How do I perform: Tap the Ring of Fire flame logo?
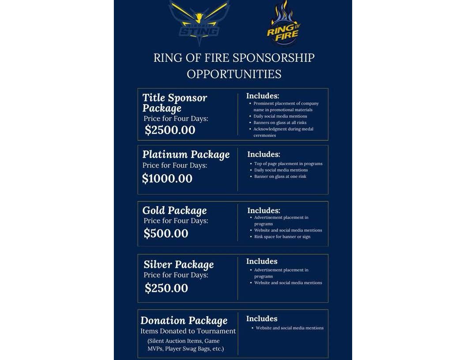283,24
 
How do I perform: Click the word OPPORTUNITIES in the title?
234,74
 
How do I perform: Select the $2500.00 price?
170,130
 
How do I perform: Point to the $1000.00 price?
167,178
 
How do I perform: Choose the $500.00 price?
166,233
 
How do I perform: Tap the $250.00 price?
166,288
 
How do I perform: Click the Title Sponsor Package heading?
174,103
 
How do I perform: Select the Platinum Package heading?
186,154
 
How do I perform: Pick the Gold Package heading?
174,210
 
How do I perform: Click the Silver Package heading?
178,264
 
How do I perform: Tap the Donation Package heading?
184,321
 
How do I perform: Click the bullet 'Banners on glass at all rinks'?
280,123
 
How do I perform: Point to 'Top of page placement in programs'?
288,164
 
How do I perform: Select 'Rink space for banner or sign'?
282,236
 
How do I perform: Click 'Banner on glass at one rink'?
280,176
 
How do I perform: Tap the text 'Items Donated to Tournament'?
188,331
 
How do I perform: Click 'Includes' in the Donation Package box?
262,319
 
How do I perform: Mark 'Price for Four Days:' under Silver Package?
176,275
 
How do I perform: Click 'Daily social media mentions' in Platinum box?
281,170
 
